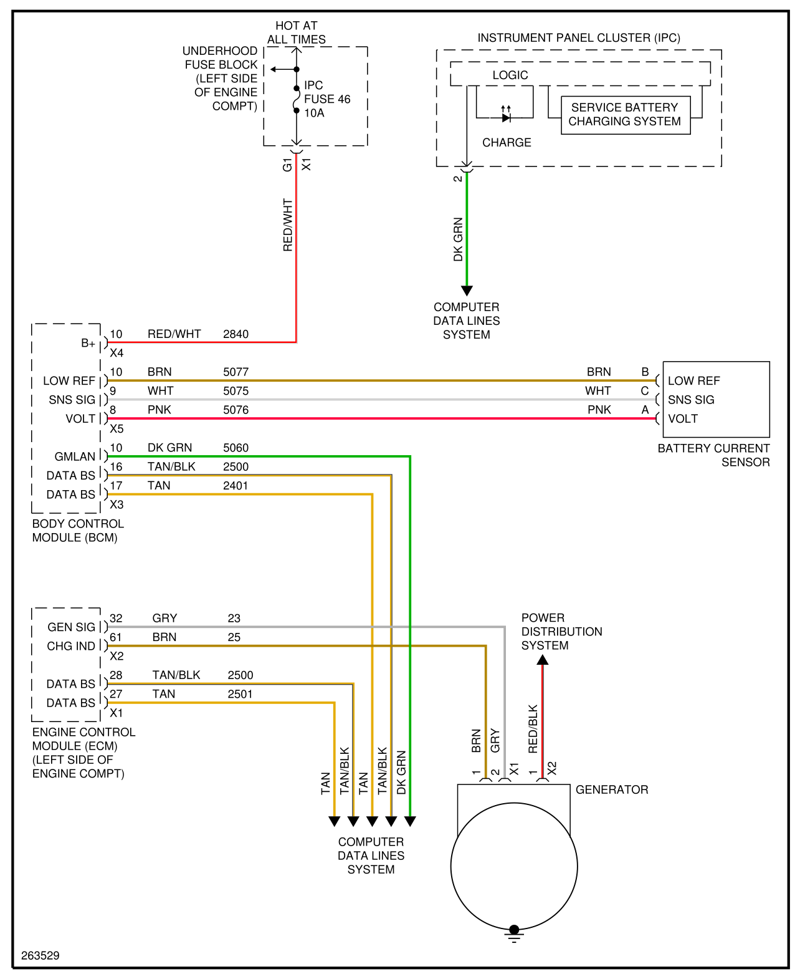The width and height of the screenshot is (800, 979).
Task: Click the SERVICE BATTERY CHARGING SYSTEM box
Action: coord(625,115)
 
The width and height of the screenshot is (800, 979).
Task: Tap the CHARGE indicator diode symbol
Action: coord(506,117)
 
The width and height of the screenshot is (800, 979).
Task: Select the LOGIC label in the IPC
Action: coord(510,75)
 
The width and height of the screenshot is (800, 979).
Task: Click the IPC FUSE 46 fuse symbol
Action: coord(297,99)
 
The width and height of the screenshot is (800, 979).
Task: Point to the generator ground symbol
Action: coord(514,935)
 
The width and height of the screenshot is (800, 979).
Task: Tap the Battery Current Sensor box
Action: coord(716,399)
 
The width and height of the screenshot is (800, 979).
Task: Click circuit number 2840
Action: coord(236,334)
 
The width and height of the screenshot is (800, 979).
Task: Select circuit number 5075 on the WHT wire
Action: coord(236,391)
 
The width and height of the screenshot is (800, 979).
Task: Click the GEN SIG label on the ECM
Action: coord(71,627)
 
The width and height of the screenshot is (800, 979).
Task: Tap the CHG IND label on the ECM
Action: coord(71,646)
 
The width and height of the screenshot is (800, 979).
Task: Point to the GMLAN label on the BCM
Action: coord(75,457)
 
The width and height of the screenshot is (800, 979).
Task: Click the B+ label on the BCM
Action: coord(88,343)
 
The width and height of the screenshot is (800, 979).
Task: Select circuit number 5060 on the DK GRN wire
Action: coord(236,448)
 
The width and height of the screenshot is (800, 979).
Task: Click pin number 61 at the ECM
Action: coord(115,637)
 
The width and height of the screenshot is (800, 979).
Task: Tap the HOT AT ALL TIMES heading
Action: coord(297,32)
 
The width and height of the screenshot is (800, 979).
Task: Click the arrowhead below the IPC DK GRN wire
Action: coord(467,291)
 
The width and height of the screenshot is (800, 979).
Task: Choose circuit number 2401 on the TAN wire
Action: coord(236,486)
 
